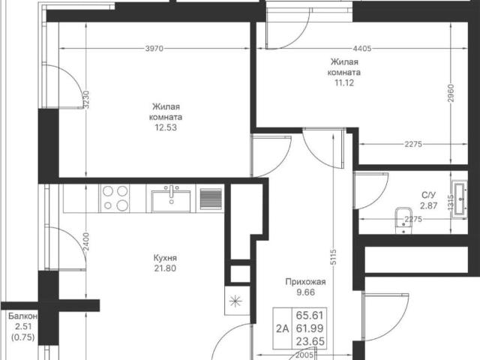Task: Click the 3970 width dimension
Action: tap(154, 48)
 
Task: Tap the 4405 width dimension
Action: tap(361, 48)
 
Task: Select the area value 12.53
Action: tap(166, 127)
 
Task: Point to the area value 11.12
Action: tap(344, 82)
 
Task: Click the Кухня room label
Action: tap(165, 258)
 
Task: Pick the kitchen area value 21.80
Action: tap(165, 268)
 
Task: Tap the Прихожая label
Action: tap(305, 282)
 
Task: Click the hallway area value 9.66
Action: tap(305, 292)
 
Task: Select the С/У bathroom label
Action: tap(428, 195)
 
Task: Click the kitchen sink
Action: tap(171, 199)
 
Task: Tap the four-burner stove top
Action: tap(115, 198)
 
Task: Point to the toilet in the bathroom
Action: tap(403, 220)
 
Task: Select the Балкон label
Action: tap(23, 316)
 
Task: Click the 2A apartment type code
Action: tap(283, 328)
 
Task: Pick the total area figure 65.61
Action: tap(310, 315)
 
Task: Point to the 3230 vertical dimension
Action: tap(87, 99)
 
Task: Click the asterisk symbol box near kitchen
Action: tap(236, 301)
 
